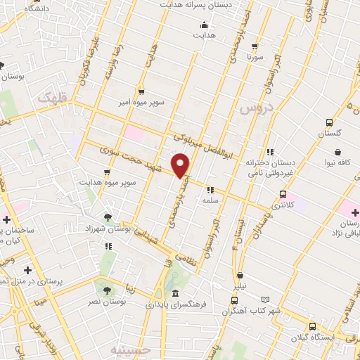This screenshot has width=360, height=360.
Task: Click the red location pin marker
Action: pos(181,165)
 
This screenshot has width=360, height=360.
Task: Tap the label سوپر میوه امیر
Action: pos(141,103)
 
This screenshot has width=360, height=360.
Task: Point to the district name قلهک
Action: pos(53,101)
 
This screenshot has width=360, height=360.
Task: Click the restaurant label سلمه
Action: pos(210,200)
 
